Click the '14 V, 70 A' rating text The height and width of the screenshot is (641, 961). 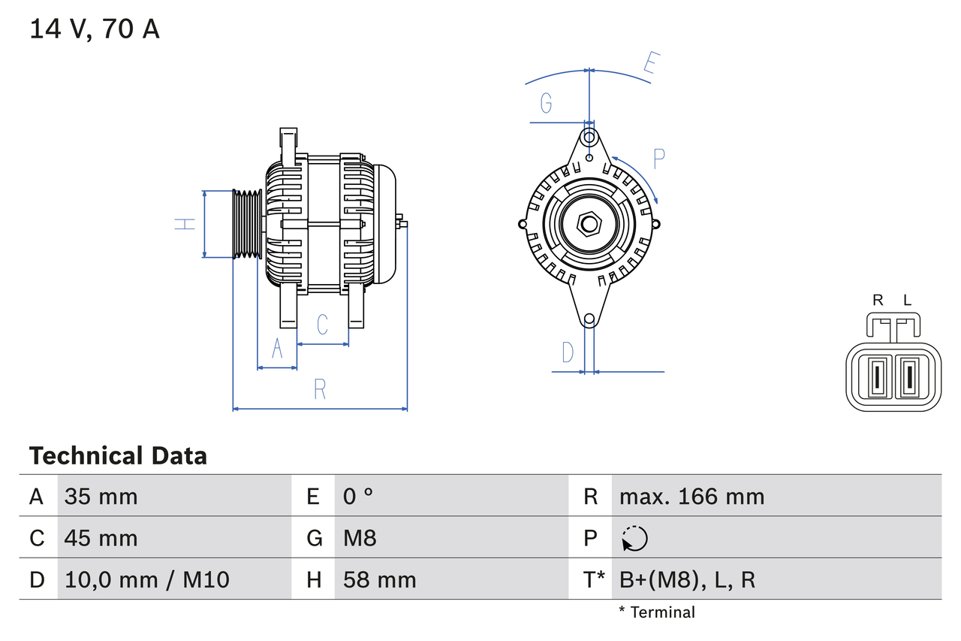tap(95, 29)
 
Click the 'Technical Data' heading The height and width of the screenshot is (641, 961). tap(118, 456)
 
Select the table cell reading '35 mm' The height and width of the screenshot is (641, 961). tap(101, 496)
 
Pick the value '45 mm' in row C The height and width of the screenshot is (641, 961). tap(101, 538)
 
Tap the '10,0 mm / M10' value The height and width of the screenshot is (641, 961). tap(147, 579)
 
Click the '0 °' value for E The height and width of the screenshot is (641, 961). tap(358, 496)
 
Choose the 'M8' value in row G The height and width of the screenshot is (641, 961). tap(360, 538)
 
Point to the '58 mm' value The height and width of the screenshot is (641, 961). tap(379, 579)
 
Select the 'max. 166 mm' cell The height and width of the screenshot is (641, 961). tap(691, 496)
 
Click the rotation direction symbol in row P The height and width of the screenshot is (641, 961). tap(634, 538)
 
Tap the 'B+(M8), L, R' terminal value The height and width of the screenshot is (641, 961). tap(687, 579)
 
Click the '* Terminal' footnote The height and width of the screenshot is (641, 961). tap(657, 612)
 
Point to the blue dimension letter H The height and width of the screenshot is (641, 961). tap(185, 223)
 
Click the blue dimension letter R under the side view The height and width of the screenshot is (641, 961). tap(320, 389)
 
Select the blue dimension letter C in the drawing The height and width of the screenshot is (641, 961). tap(322, 325)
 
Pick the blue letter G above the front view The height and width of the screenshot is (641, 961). tap(547, 102)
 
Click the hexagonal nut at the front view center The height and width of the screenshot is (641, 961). tap(590, 224)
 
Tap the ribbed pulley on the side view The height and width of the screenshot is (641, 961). tap(246, 224)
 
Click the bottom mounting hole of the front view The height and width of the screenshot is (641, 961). tap(589, 319)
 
